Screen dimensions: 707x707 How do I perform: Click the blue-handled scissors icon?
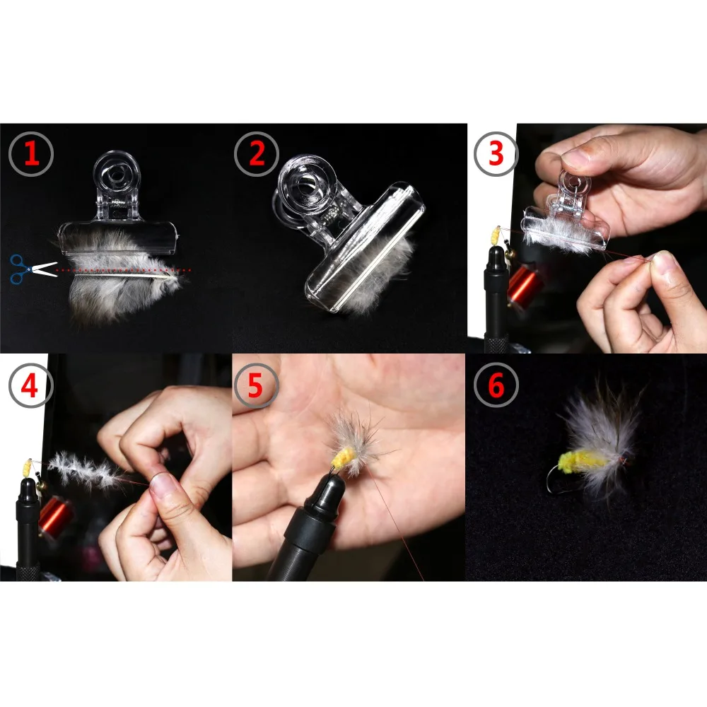pyautogui.click(x=32, y=269)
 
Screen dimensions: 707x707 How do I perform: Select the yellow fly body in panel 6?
pyautogui.click(x=581, y=462)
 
